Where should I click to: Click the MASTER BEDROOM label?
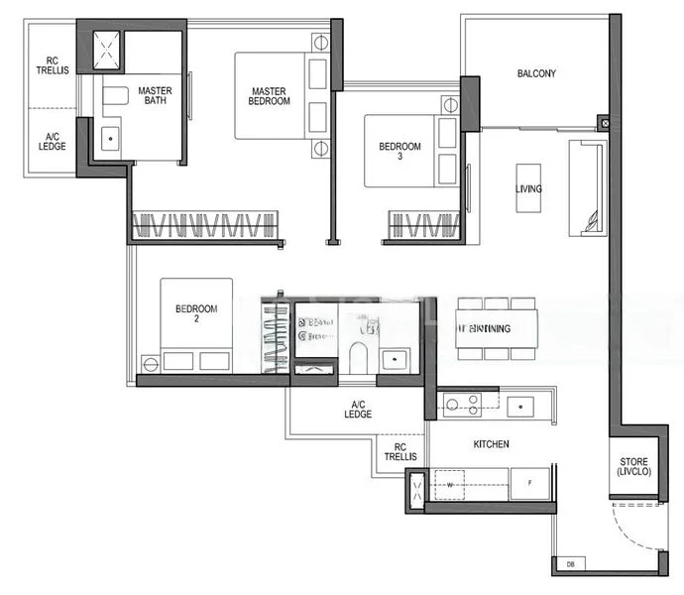click(x=270, y=96)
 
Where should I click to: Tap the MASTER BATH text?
click(x=155, y=96)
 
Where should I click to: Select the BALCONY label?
click(x=536, y=73)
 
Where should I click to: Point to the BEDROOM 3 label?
click(x=399, y=152)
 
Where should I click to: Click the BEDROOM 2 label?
click(x=195, y=313)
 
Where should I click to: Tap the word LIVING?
click(x=528, y=189)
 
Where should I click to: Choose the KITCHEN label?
click(x=491, y=444)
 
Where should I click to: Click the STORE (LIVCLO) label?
click(x=634, y=467)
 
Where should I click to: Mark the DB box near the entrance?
click(x=570, y=565)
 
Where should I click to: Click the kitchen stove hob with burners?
click(x=461, y=404)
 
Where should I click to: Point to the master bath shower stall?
click(x=107, y=51)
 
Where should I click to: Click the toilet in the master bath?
click(x=114, y=96)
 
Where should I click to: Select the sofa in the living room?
click(x=586, y=188)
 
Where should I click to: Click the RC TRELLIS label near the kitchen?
click(x=400, y=451)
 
